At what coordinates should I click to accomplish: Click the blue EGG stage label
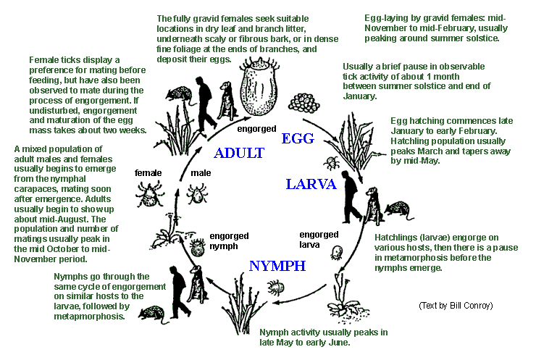297,138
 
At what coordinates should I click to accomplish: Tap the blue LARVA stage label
311,184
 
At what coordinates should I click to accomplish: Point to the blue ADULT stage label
239,153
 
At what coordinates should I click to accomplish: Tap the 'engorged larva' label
319,239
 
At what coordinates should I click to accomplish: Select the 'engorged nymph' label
229,240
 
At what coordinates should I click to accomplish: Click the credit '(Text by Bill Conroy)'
456,305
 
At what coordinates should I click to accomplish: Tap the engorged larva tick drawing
338,253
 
